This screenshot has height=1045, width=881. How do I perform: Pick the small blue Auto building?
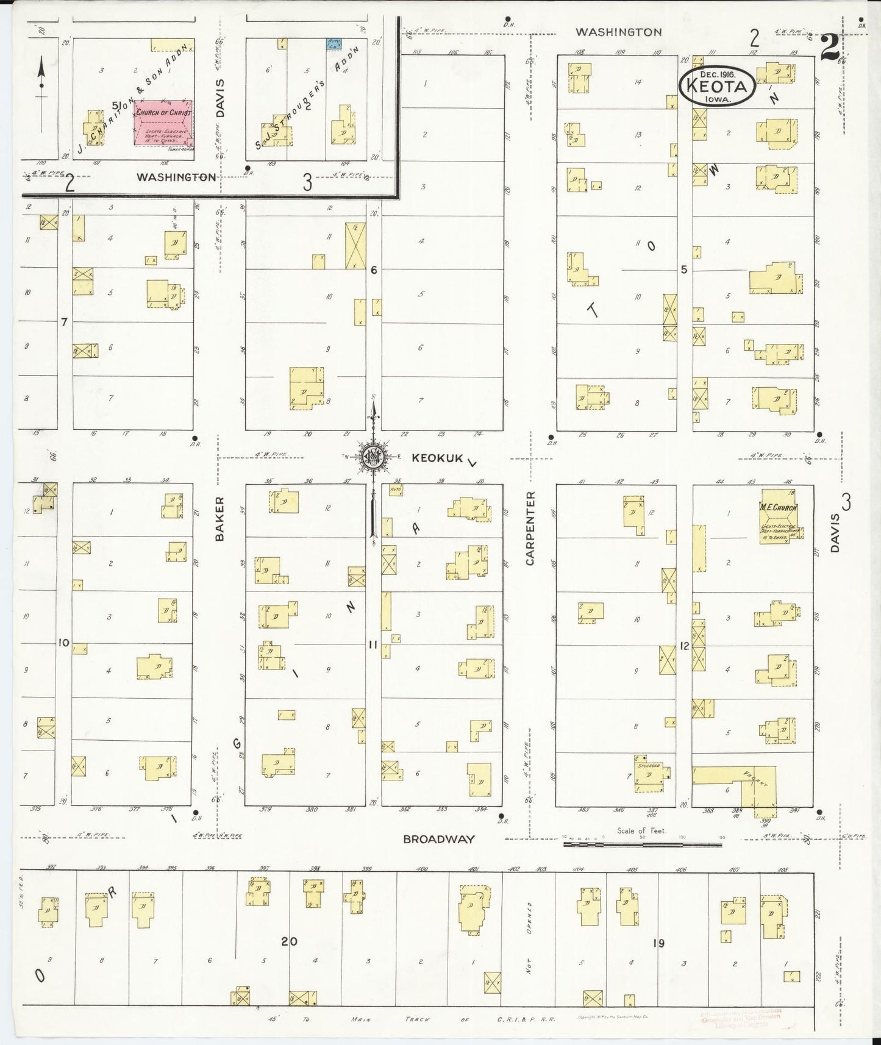click(333, 44)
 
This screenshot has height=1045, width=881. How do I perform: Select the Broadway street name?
click(439, 839)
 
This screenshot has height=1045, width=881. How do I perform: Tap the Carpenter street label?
click(529, 528)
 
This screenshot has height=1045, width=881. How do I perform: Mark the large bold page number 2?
click(829, 47)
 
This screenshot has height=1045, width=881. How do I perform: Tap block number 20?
click(289, 941)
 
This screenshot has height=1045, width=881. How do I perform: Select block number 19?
click(658, 943)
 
